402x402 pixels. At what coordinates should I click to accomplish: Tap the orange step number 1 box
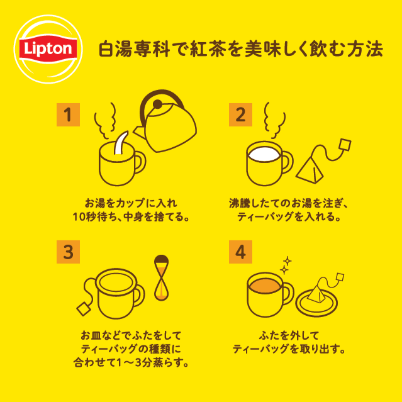(x=69, y=115)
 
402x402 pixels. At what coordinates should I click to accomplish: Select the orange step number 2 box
(x=240, y=115)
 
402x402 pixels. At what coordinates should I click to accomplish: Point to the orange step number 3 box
(x=69, y=252)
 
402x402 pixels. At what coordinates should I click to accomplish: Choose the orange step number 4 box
(x=240, y=252)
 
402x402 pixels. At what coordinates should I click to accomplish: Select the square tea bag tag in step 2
(x=345, y=145)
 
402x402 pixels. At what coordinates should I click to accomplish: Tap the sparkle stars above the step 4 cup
(x=287, y=264)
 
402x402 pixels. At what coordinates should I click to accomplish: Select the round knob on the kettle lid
(x=156, y=103)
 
